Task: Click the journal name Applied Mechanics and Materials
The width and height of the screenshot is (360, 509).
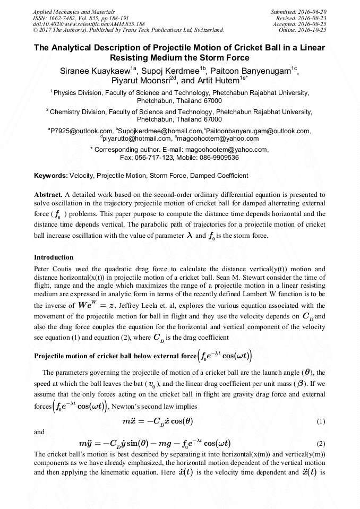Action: point(74,11)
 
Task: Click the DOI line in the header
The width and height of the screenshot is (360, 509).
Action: point(89,24)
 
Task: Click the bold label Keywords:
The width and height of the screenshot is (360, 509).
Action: point(51,175)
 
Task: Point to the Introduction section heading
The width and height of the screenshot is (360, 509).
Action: point(54,257)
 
